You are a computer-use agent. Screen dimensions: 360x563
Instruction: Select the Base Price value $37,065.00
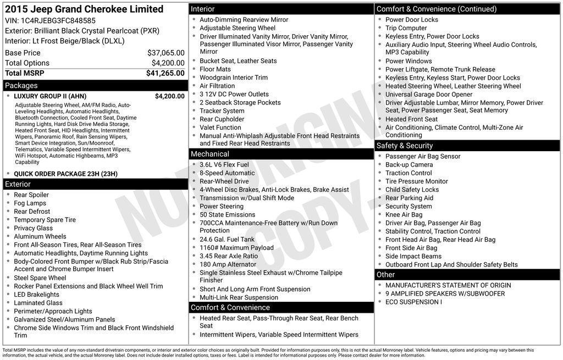165,53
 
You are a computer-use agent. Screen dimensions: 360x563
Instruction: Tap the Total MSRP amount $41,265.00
165,73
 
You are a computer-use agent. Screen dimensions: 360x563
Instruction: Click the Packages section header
21,86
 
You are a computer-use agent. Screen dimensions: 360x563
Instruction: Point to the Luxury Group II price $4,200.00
169,96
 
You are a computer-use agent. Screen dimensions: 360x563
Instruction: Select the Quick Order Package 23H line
65,174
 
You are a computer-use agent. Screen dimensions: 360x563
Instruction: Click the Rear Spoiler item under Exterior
31,195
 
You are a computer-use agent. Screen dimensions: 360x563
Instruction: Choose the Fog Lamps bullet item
30,203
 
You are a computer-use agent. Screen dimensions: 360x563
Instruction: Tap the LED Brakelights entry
36,295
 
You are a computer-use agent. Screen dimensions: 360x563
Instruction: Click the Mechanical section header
209,154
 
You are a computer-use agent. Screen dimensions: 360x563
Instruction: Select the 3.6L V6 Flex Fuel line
224,164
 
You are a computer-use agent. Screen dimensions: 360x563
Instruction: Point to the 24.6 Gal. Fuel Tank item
227,239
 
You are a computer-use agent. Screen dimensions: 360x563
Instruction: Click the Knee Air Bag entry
404,214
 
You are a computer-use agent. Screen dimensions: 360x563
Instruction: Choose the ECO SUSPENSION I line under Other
413,302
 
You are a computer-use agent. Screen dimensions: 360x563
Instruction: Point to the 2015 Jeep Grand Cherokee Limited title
84,9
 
